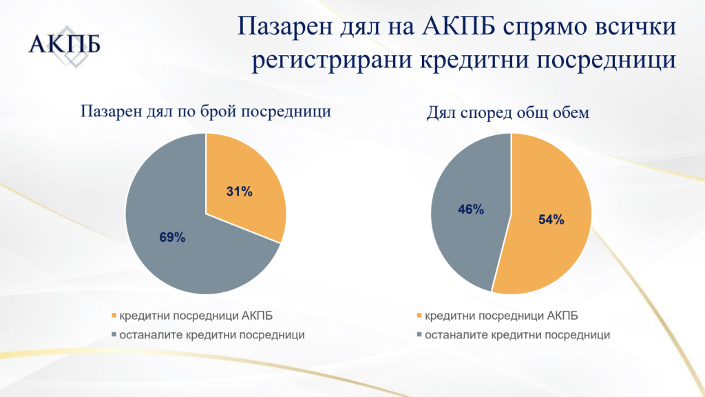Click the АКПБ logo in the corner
pos(64,45)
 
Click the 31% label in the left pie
pos(239,192)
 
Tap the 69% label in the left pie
pos(172,237)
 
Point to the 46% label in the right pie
pos(471,210)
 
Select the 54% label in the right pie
pos(551,220)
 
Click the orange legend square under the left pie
pos(114,316)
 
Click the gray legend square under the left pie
pos(114,335)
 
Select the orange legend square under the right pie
pos(419,316)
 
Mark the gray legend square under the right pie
pos(419,335)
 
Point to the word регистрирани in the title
pos(331,61)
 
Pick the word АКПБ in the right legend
pos(562,316)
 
